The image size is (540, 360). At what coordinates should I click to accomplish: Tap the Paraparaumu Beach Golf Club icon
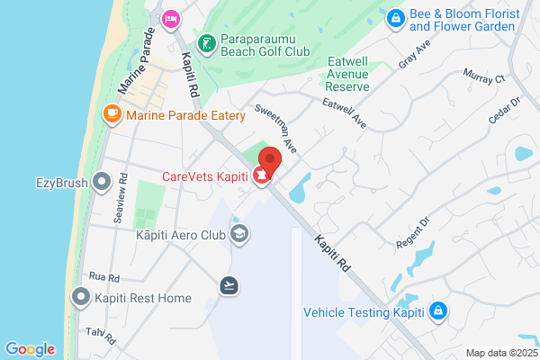(206, 43)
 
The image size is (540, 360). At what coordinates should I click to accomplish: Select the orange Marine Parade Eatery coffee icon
(112, 114)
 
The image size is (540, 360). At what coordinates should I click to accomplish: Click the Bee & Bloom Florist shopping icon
(394, 18)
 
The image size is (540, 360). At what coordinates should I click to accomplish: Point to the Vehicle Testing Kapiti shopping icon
(437, 312)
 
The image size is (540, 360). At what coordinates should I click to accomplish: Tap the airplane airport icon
(229, 285)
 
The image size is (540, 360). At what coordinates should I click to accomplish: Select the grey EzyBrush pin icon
(102, 183)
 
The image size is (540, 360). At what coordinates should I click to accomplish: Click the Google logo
(30, 349)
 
